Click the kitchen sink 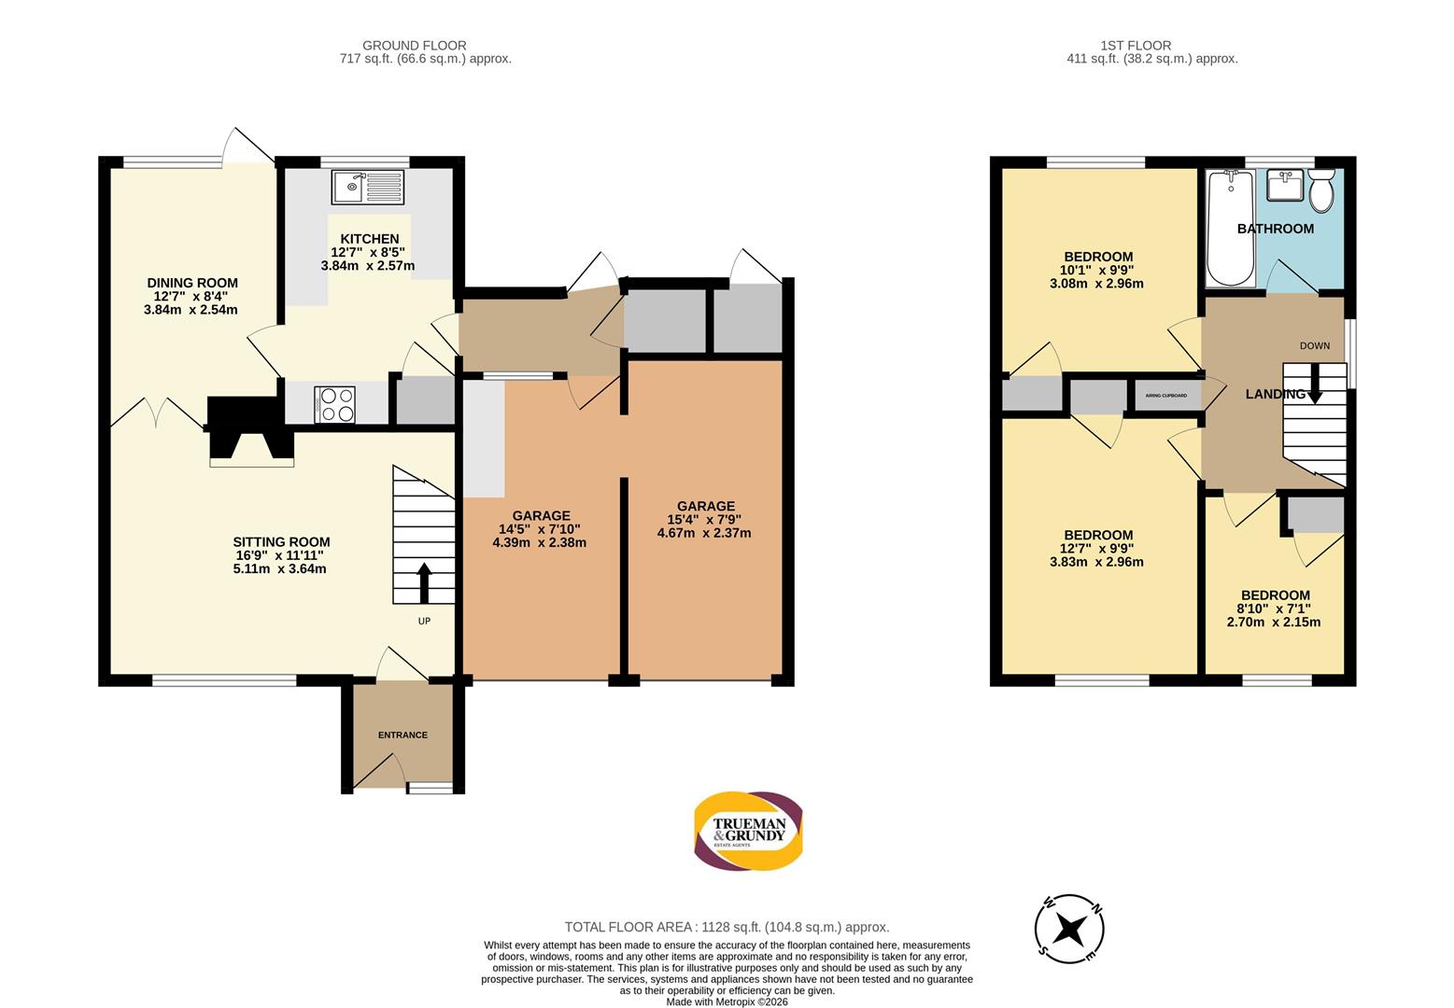click(367, 187)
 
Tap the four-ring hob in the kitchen click(334, 405)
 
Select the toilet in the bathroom click(1321, 190)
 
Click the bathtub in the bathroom click(1230, 228)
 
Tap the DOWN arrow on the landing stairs click(1315, 384)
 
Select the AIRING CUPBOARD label click(1165, 396)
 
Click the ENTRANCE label click(402, 735)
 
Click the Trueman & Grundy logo click(748, 831)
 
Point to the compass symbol click(1069, 930)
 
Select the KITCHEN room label click(370, 239)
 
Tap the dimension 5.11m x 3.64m click(280, 568)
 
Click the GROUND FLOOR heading click(414, 46)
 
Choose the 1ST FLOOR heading click(1136, 46)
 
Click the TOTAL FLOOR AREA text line click(727, 927)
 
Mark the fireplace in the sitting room click(251, 431)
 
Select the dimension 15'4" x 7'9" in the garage click(704, 520)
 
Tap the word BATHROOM click(1276, 229)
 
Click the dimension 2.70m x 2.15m click(1274, 622)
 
